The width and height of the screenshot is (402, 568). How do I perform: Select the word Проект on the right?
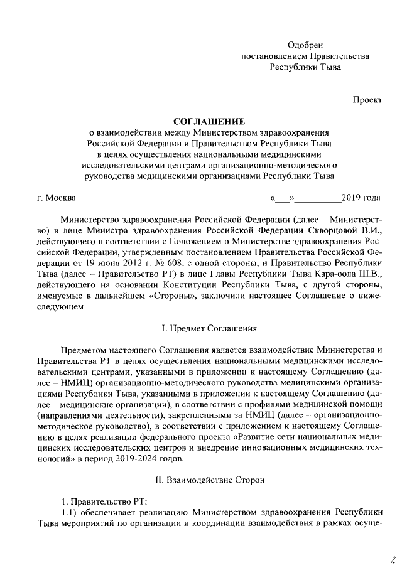(x=366, y=99)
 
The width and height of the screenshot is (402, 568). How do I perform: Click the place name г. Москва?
(x=57, y=198)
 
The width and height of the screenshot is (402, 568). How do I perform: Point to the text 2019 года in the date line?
(x=361, y=198)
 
